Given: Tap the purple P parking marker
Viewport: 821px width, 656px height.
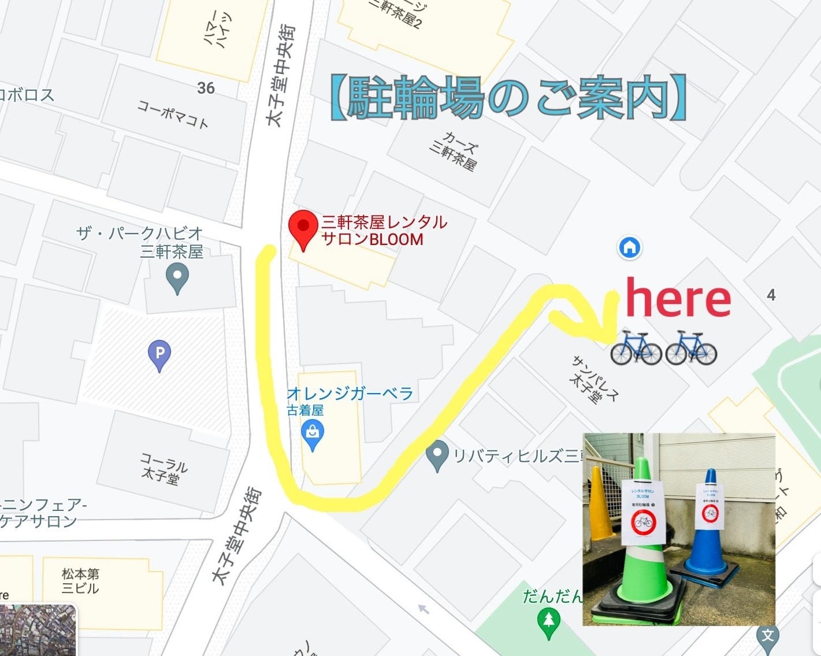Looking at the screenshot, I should [159, 353].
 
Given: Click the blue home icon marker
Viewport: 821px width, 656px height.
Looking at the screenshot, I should [629, 247].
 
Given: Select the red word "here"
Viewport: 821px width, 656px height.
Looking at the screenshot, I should [678, 298].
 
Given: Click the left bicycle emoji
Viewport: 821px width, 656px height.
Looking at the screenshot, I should [636, 348].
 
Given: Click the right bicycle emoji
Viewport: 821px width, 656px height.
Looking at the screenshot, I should [691, 348].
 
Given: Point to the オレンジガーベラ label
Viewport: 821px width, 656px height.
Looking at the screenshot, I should [350, 394].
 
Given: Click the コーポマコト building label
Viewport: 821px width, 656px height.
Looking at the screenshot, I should [173, 113].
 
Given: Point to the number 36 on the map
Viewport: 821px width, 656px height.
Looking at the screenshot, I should [206, 88].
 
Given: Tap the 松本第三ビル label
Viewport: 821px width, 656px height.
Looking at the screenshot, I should [80, 581].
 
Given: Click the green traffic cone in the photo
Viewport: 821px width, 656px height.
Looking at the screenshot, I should [642, 549].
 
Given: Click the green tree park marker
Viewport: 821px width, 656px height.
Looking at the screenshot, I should [548, 622].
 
